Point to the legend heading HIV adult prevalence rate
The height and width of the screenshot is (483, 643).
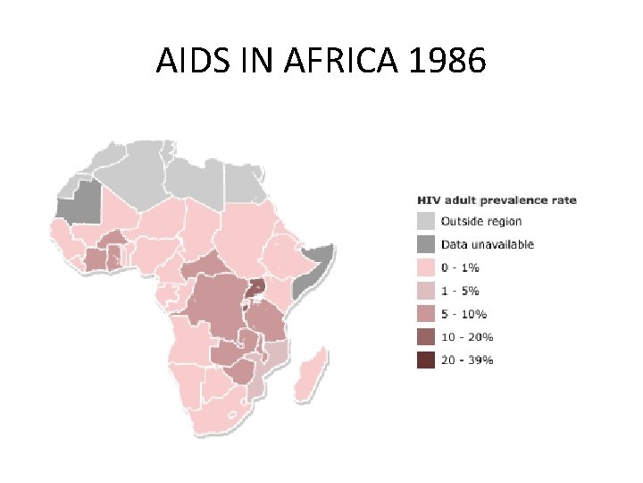click(x=497, y=199)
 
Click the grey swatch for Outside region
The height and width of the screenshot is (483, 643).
click(x=427, y=221)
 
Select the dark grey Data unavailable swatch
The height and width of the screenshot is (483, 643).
click(x=427, y=244)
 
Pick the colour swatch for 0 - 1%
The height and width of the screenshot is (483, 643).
click(x=427, y=267)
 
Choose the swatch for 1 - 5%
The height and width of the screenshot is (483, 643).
click(x=427, y=291)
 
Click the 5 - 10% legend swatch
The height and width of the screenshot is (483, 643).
click(x=427, y=314)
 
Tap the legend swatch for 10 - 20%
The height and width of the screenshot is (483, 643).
click(x=427, y=337)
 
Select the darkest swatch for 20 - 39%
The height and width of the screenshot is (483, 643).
click(x=427, y=360)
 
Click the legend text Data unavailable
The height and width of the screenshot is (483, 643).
click(x=487, y=244)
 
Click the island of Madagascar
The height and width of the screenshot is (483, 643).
click(x=309, y=377)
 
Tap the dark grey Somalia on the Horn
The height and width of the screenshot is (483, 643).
click(x=313, y=268)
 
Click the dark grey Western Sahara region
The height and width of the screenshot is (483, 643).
click(x=78, y=203)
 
